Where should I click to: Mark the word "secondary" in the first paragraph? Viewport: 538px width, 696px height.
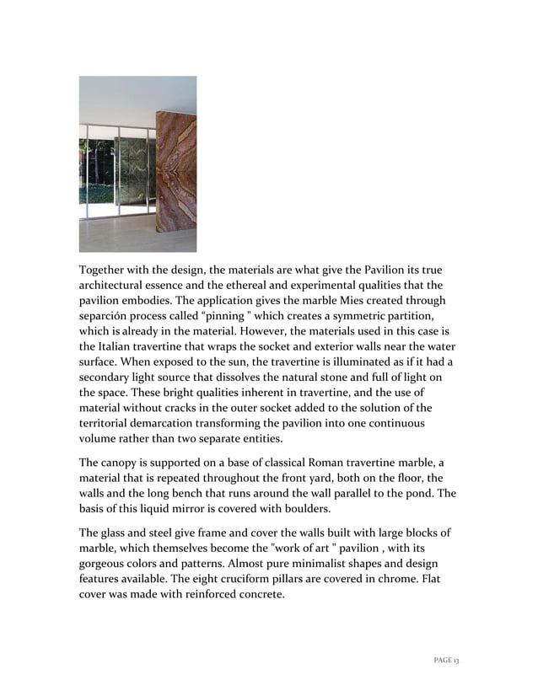coord(109,377)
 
